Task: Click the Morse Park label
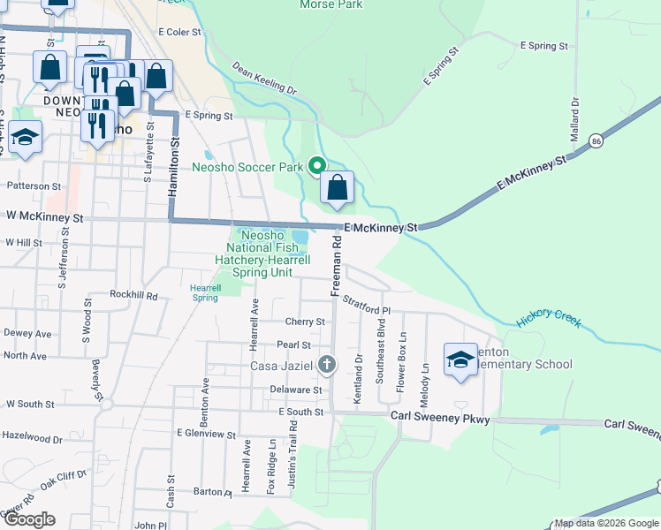click(x=331, y=4)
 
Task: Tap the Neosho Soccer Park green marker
click(x=316, y=165)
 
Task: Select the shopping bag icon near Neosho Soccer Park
click(x=337, y=187)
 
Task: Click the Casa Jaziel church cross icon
click(x=327, y=364)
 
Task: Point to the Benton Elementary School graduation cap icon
click(x=460, y=359)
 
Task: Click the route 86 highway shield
click(x=597, y=141)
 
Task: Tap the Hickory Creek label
click(x=550, y=318)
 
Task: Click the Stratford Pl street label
click(x=366, y=306)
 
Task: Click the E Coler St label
click(x=179, y=32)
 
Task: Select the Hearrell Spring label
click(x=205, y=292)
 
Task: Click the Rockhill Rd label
click(x=133, y=295)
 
